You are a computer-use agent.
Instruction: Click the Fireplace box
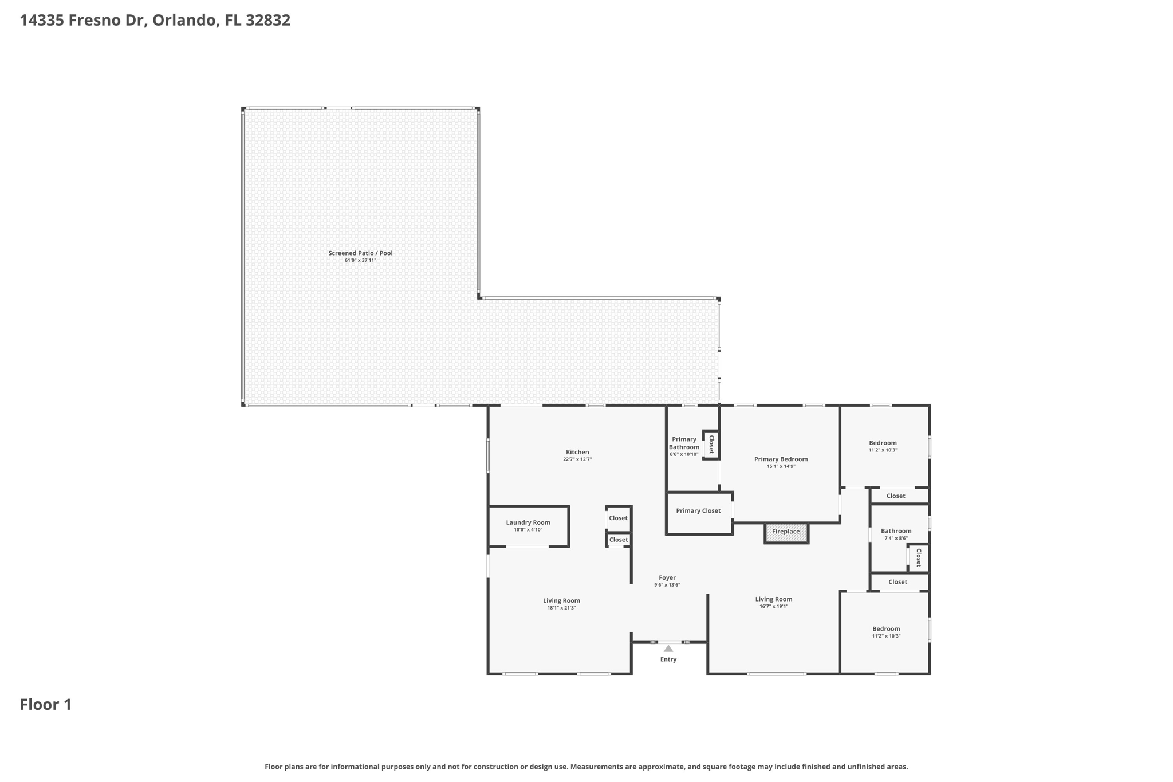coord(786,532)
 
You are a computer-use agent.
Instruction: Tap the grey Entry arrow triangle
coord(668,649)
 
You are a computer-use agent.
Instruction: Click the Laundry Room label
coord(528,522)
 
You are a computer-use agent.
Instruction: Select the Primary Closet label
coord(698,511)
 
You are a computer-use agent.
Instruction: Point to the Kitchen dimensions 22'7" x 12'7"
coord(577,459)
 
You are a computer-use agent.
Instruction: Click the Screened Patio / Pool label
coord(360,253)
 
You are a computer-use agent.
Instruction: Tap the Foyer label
coord(667,578)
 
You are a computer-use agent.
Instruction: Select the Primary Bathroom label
coord(684,443)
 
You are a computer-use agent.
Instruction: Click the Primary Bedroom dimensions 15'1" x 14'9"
coord(781,466)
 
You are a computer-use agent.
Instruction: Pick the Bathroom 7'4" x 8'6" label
coord(896,531)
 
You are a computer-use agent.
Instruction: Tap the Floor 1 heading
coord(46,705)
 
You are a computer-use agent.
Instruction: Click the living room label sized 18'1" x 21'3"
coord(561,601)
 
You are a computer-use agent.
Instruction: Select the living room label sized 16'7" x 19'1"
coord(774,599)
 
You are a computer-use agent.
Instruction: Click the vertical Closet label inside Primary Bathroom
coord(711,445)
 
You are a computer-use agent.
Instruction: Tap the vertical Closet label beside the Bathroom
coord(919,558)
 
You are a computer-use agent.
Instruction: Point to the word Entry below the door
coord(668,659)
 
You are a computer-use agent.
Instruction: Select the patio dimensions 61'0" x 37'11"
coord(360,261)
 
